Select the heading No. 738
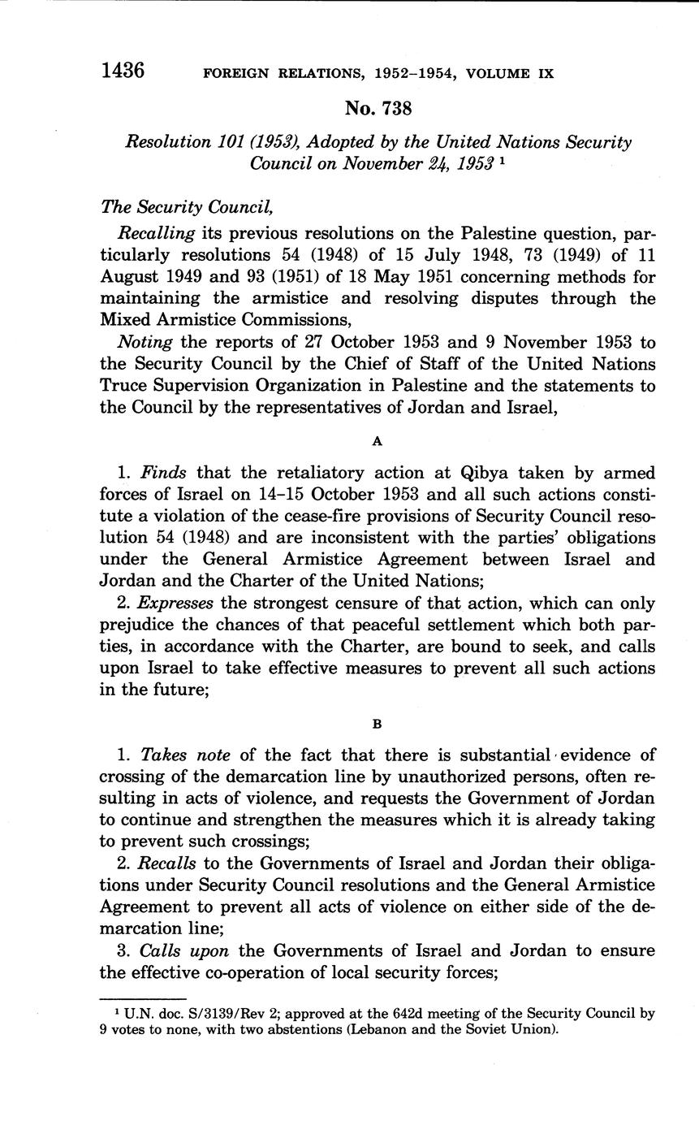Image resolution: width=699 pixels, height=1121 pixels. (x=378, y=108)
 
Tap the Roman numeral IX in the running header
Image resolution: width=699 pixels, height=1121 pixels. (x=545, y=73)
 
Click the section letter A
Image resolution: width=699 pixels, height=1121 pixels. (x=377, y=441)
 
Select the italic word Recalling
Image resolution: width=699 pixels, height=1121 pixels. (x=157, y=233)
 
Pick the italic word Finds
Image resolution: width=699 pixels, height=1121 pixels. (x=165, y=473)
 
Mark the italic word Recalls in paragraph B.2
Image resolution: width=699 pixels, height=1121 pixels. (x=168, y=863)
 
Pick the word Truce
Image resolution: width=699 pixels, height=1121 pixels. (x=127, y=386)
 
